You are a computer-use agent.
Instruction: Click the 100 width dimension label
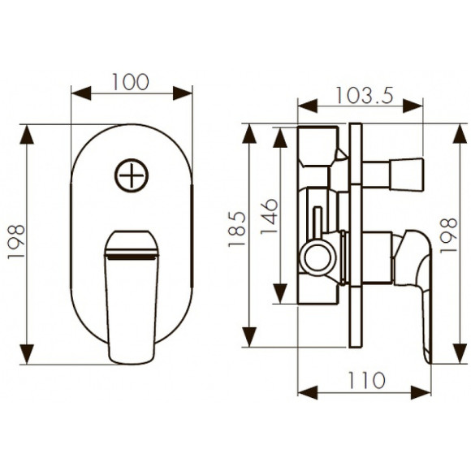[131, 82]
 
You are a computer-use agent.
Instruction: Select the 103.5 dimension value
[364, 96]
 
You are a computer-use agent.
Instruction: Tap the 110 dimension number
[366, 380]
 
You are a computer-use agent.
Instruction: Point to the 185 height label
[237, 229]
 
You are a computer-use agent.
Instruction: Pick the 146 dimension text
[269, 216]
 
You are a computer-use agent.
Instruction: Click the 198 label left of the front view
[16, 241]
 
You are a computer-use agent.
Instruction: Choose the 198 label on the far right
[448, 235]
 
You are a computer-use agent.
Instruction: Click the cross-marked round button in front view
[132, 175]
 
